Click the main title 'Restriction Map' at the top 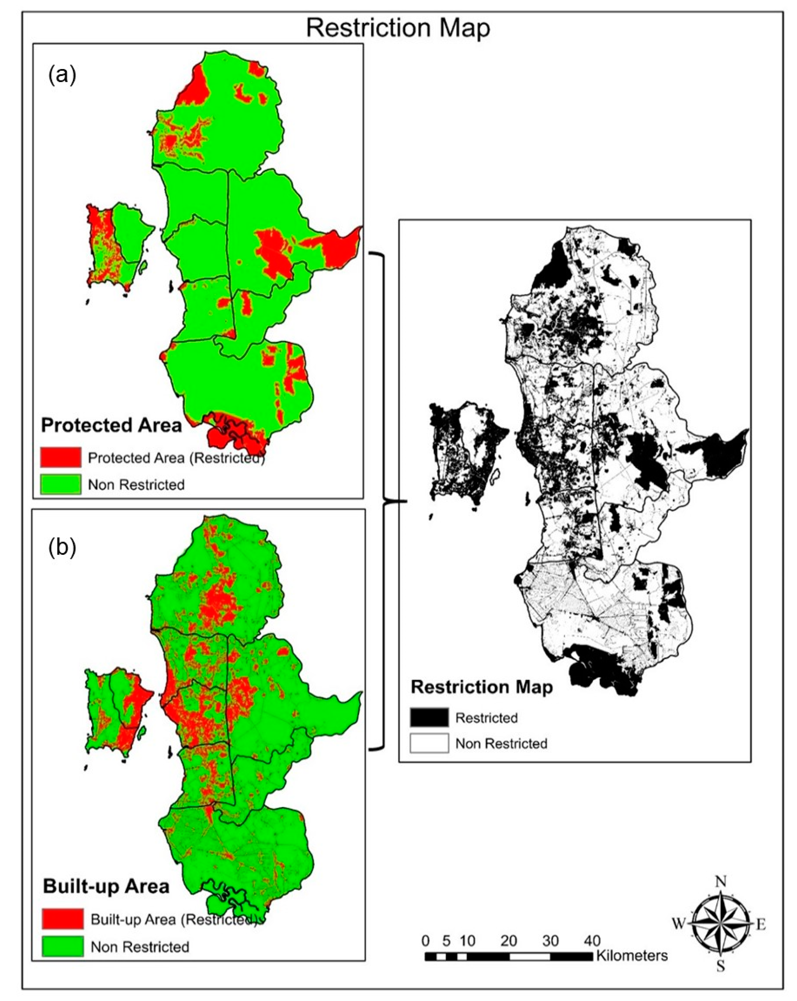(398, 28)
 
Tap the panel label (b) (62, 547)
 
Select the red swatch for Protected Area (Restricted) (60, 457)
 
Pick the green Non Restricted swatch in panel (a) (60, 484)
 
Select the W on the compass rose (679, 924)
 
